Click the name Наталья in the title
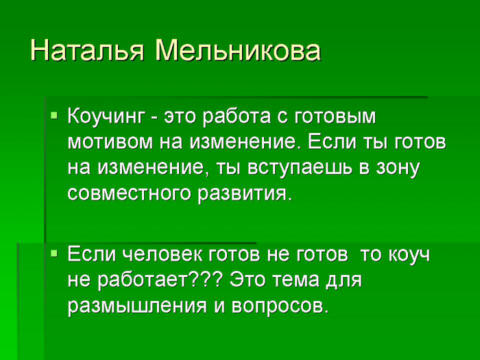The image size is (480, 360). point(87,51)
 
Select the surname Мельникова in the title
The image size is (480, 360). point(238,50)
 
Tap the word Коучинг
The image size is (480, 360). point(106,117)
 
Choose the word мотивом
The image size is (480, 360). point(110,142)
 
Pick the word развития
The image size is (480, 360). point(244,194)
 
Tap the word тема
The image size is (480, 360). point(296,280)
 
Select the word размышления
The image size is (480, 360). point(137,306)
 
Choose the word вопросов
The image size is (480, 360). point(280,306)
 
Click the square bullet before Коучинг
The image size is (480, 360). point(54,115)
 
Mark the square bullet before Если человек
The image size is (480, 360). point(54,254)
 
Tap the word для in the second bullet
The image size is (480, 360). point(344,280)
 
